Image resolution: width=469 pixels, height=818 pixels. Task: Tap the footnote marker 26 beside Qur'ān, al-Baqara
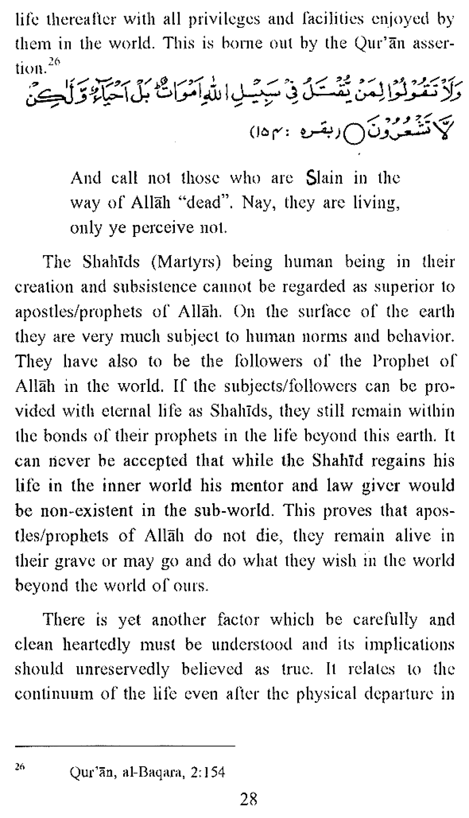(x=20, y=767)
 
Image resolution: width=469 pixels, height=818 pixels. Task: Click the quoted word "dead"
(x=209, y=202)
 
